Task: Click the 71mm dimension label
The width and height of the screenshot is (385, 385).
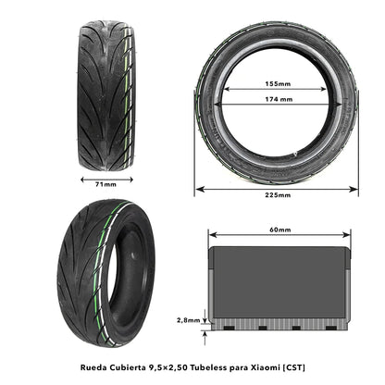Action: [x=106, y=184]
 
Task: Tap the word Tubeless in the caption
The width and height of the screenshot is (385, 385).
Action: [x=216, y=366]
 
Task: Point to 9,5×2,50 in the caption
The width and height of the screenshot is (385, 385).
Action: [x=169, y=366]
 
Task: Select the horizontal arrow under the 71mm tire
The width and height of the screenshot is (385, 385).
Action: [x=106, y=176]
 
